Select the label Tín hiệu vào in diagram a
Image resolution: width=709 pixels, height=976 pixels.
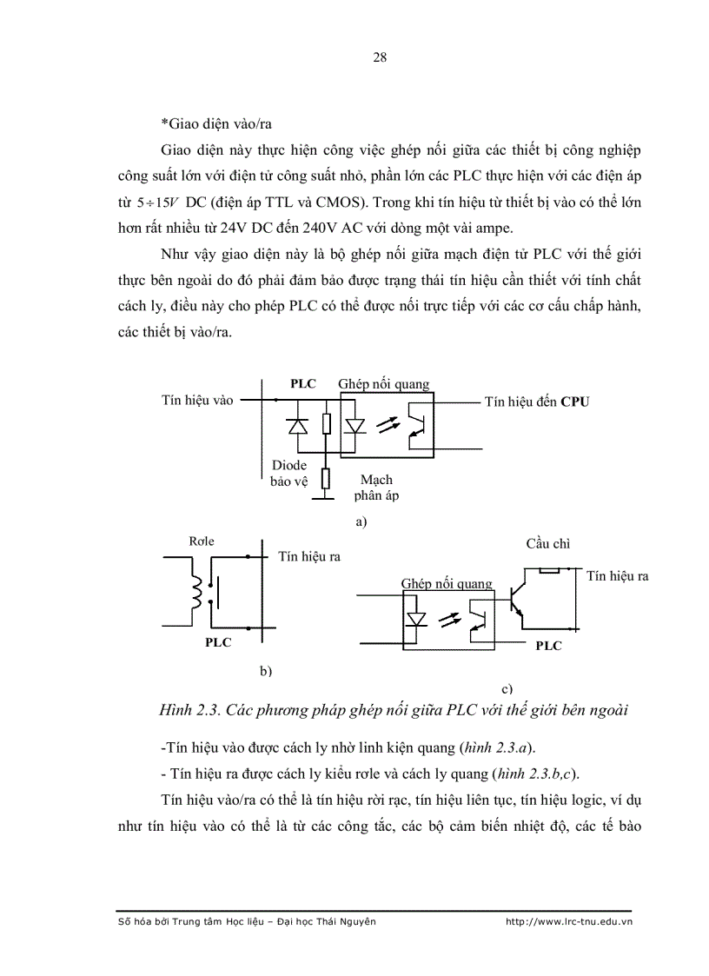point(197,401)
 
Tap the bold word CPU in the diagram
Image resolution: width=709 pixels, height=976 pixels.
point(574,402)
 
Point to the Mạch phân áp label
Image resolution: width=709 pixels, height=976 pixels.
point(375,488)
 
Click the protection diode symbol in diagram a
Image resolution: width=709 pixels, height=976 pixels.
point(298,425)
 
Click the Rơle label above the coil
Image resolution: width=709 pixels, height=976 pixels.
point(202,542)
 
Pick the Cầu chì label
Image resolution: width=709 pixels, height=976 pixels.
point(547,544)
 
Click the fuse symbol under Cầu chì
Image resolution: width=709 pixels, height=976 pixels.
point(548,570)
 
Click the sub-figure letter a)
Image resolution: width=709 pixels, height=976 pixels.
point(362,522)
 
